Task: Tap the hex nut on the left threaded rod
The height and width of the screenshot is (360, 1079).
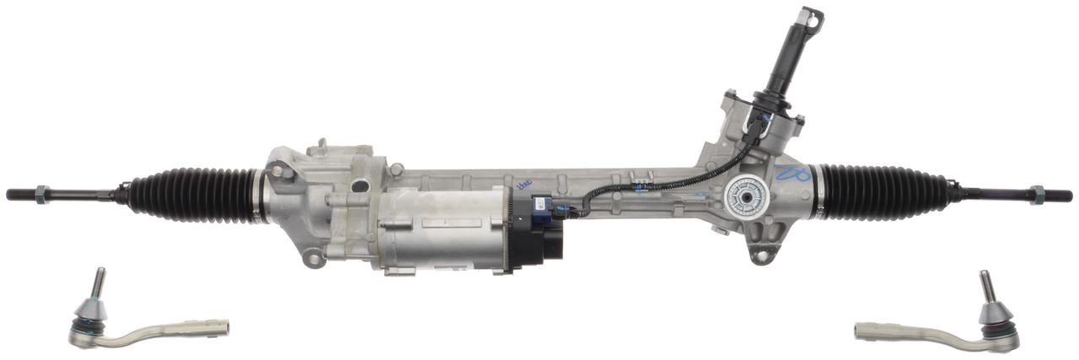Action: click(x=46, y=193)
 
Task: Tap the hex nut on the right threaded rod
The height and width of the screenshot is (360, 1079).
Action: click(x=1038, y=195)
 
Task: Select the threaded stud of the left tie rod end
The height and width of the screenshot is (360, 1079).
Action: click(x=98, y=282)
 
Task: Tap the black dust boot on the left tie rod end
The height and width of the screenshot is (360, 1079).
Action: click(x=89, y=314)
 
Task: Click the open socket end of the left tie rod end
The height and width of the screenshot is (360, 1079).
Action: click(x=221, y=325)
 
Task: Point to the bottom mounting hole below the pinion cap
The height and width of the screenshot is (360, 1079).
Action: click(x=763, y=254)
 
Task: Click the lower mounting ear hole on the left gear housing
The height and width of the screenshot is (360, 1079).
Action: click(x=314, y=257)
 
